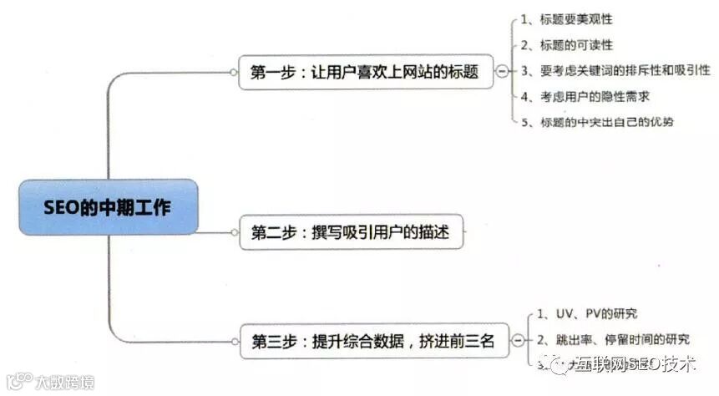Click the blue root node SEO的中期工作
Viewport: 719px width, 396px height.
pos(109,206)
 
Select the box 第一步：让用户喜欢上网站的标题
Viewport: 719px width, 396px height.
pos(364,72)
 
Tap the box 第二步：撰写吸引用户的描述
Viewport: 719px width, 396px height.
pos(350,231)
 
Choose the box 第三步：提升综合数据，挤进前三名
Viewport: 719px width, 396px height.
pos(372,341)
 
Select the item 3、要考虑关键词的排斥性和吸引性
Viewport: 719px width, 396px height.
pos(615,70)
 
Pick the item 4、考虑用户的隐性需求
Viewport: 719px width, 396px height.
pos(584,96)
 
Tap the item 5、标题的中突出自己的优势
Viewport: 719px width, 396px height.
pos(596,122)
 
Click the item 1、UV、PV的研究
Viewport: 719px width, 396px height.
pos(585,314)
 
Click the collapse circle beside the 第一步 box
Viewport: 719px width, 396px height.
pos(501,72)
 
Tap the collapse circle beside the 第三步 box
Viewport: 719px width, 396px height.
pos(519,341)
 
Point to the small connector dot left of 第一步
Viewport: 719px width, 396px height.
pos(233,72)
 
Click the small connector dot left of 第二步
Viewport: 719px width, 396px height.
pos(233,231)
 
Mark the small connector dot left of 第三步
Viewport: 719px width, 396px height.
pos(233,341)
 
